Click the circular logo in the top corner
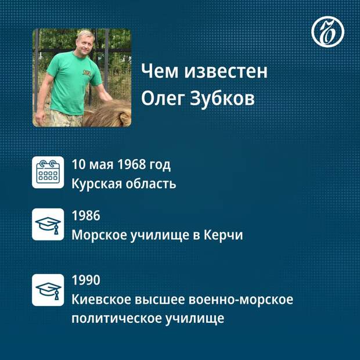click(327, 32)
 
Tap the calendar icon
click(48, 172)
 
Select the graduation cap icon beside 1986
click(48, 224)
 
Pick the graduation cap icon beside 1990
click(48, 290)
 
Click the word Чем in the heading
click(160, 71)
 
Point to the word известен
click(226, 71)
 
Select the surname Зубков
click(222, 98)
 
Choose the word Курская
click(96, 184)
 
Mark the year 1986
click(86, 215)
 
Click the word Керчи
click(224, 235)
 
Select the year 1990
click(86, 280)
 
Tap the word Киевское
click(100, 299)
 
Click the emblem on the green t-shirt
click(87, 73)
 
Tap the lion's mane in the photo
click(108, 114)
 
